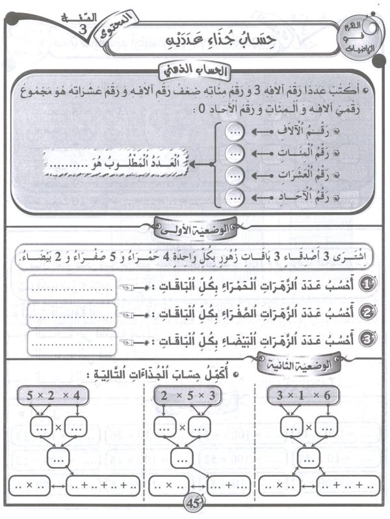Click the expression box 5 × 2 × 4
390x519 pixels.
pos(57,395)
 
